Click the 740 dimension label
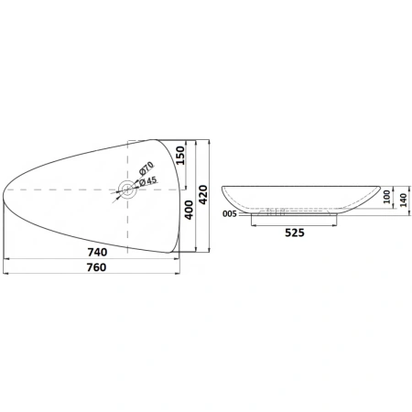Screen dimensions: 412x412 pos(97,252)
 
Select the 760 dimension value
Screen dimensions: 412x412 pos(97,267)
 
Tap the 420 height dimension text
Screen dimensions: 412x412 pos(203,195)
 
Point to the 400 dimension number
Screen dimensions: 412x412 pos(190,210)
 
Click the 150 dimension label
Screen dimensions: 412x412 pos(180,156)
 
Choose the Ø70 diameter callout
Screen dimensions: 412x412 pos(146,168)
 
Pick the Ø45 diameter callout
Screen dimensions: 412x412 pos(148,181)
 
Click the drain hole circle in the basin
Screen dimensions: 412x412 pos(127,190)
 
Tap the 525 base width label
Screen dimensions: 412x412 pos(295,233)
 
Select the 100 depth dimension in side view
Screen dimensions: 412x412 pos(386,197)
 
